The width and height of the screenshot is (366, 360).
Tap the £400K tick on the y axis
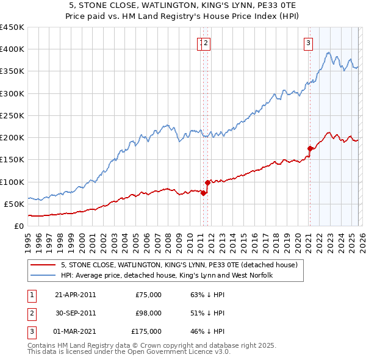[x=12, y=49]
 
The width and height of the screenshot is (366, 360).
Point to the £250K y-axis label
[x=12, y=115]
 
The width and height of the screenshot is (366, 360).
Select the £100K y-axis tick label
[x=12, y=182]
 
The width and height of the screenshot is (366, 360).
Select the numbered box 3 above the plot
[x=309, y=43]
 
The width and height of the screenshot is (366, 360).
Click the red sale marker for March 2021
[x=310, y=148]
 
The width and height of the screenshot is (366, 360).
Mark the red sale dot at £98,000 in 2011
[x=208, y=182]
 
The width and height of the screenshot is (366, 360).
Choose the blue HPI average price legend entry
[x=167, y=275]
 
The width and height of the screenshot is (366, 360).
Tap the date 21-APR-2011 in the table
[x=75, y=295]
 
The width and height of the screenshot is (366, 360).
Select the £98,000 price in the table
[x=149, y=313]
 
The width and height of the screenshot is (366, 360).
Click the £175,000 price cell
[x=146, y=331]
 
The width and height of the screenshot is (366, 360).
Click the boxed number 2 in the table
[x=30, y=313]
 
